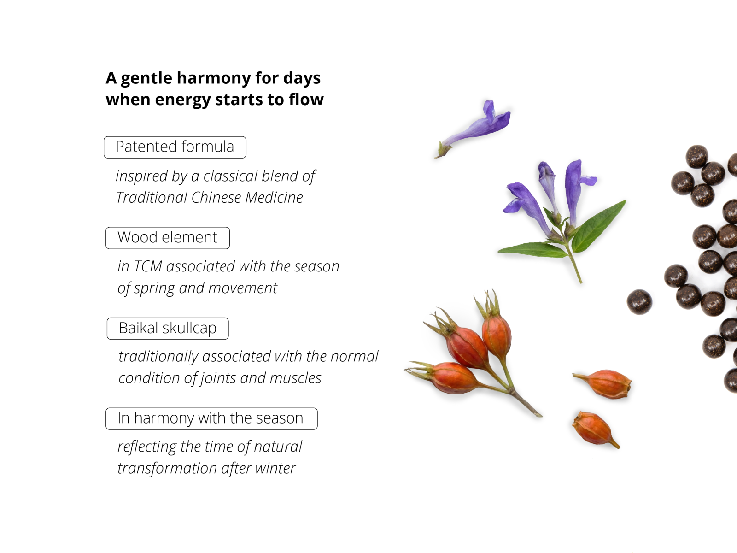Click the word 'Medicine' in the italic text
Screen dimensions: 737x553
[274, 197]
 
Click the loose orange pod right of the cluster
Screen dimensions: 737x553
[603, 384]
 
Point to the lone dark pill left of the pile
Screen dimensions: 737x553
[639, 302]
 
